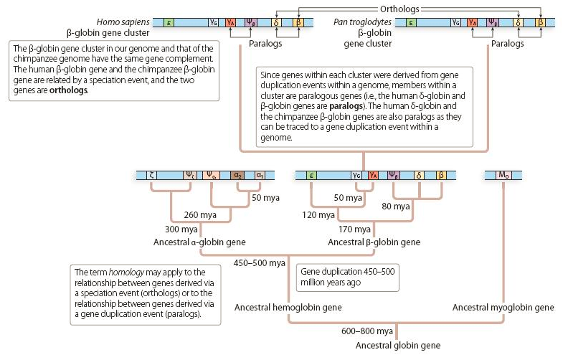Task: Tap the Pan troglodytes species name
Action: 362,22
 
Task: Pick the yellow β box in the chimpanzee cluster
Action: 540,23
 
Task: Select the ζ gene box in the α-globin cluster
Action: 151,174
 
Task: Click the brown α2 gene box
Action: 237,174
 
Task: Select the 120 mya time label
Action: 317,214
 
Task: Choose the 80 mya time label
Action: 395,206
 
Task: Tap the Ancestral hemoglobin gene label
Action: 288,308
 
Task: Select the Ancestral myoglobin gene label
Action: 503,308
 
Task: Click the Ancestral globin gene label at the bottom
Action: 398,346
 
